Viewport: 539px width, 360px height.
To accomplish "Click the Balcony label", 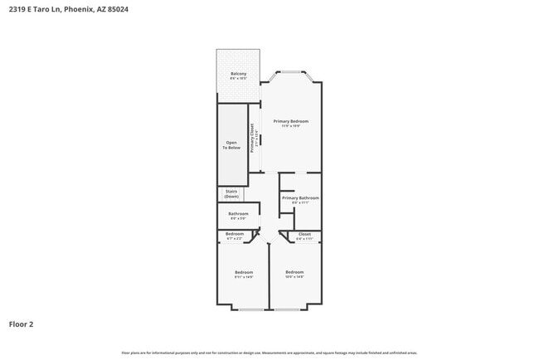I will tap(239, 74).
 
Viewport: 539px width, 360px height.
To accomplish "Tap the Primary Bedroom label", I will tap(289, 121).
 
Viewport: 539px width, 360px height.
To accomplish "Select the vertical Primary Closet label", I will tap(253, 136).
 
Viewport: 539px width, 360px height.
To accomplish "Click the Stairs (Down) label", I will tap(231, 194).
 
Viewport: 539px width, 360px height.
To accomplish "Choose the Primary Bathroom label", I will tap(300, 198).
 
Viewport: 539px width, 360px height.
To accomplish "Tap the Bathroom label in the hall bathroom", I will tap(238, 214).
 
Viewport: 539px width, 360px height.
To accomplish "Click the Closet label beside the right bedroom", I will tap(304, 235).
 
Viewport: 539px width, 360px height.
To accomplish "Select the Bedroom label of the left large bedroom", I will tap(243, 272).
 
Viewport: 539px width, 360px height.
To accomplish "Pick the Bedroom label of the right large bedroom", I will tap(295, 272).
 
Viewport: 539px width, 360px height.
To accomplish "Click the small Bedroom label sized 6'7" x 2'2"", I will tap(235, 234).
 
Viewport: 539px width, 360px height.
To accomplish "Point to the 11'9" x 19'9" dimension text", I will tap(289, 126).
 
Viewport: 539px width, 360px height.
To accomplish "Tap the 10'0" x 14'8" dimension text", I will tap(295, 277).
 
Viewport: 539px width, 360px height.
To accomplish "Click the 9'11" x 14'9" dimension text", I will tap(243, 277).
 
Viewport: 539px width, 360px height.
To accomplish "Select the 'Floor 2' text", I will tap(22, 324).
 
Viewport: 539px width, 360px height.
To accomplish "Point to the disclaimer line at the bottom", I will tap(269, 353).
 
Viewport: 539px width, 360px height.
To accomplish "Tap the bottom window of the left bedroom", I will tap(251, 309).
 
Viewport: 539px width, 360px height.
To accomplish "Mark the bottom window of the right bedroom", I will tap(288, 309).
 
